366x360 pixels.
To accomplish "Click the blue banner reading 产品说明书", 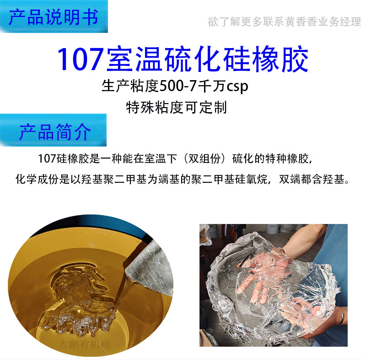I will [54, 17].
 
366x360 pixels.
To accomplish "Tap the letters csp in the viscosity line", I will [237, 87].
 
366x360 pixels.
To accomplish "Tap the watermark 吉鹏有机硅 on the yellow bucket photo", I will [85, 344].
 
